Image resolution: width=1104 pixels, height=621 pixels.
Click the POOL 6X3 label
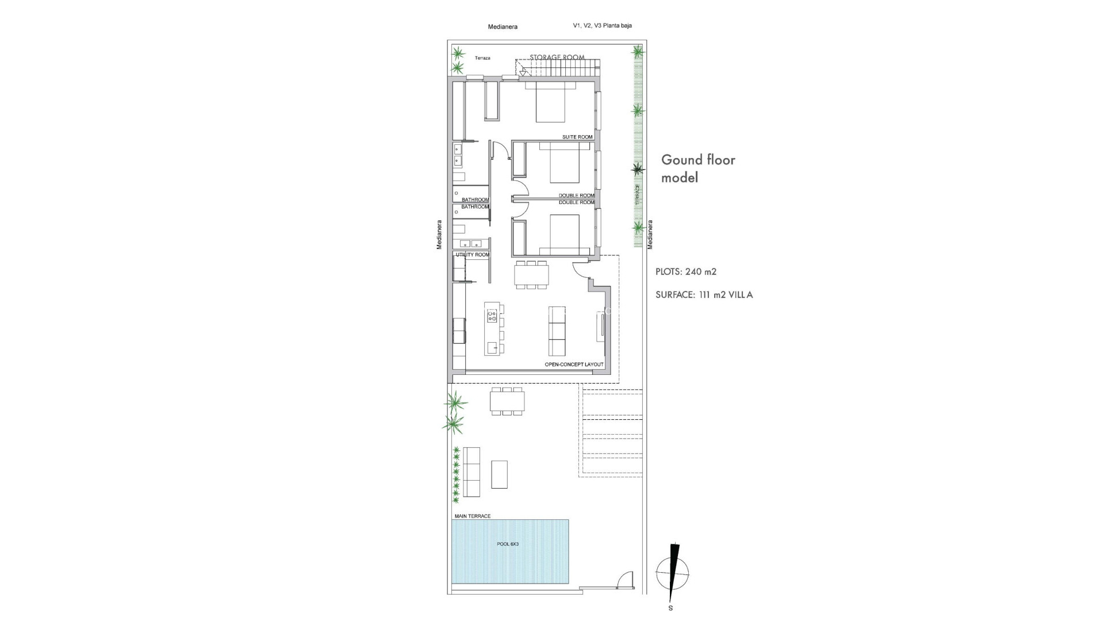click(508, 544)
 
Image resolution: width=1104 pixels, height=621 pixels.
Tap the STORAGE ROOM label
click(557, 57)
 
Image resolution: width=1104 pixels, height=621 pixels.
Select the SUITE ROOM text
click(577, 137)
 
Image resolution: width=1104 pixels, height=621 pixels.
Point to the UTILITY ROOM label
click(472, 255)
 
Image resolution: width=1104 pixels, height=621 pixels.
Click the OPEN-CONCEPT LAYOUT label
click(574, 365)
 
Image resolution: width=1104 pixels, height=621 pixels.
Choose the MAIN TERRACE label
click(472, 516)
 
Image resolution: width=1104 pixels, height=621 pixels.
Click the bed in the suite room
click(556, 102)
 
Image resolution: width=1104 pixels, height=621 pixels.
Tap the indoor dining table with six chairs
click(532, 275)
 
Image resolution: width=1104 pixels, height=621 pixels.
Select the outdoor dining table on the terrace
click(507, 401)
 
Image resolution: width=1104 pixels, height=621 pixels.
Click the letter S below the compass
click(670, 608)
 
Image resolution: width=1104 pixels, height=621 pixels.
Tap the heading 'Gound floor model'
click(698, 168)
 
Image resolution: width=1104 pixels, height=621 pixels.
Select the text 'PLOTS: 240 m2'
click(686, 272)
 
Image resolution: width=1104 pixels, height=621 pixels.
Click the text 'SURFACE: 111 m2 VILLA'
click(704, 295)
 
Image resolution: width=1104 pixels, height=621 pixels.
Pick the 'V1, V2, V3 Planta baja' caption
click(602, 25)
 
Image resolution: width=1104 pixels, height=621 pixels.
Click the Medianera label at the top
click(503, 26)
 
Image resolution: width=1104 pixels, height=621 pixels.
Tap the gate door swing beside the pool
click(624, 580)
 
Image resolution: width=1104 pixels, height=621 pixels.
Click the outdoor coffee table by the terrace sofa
click(500, 474)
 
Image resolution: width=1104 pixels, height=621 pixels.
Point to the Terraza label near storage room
click(482, 58)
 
